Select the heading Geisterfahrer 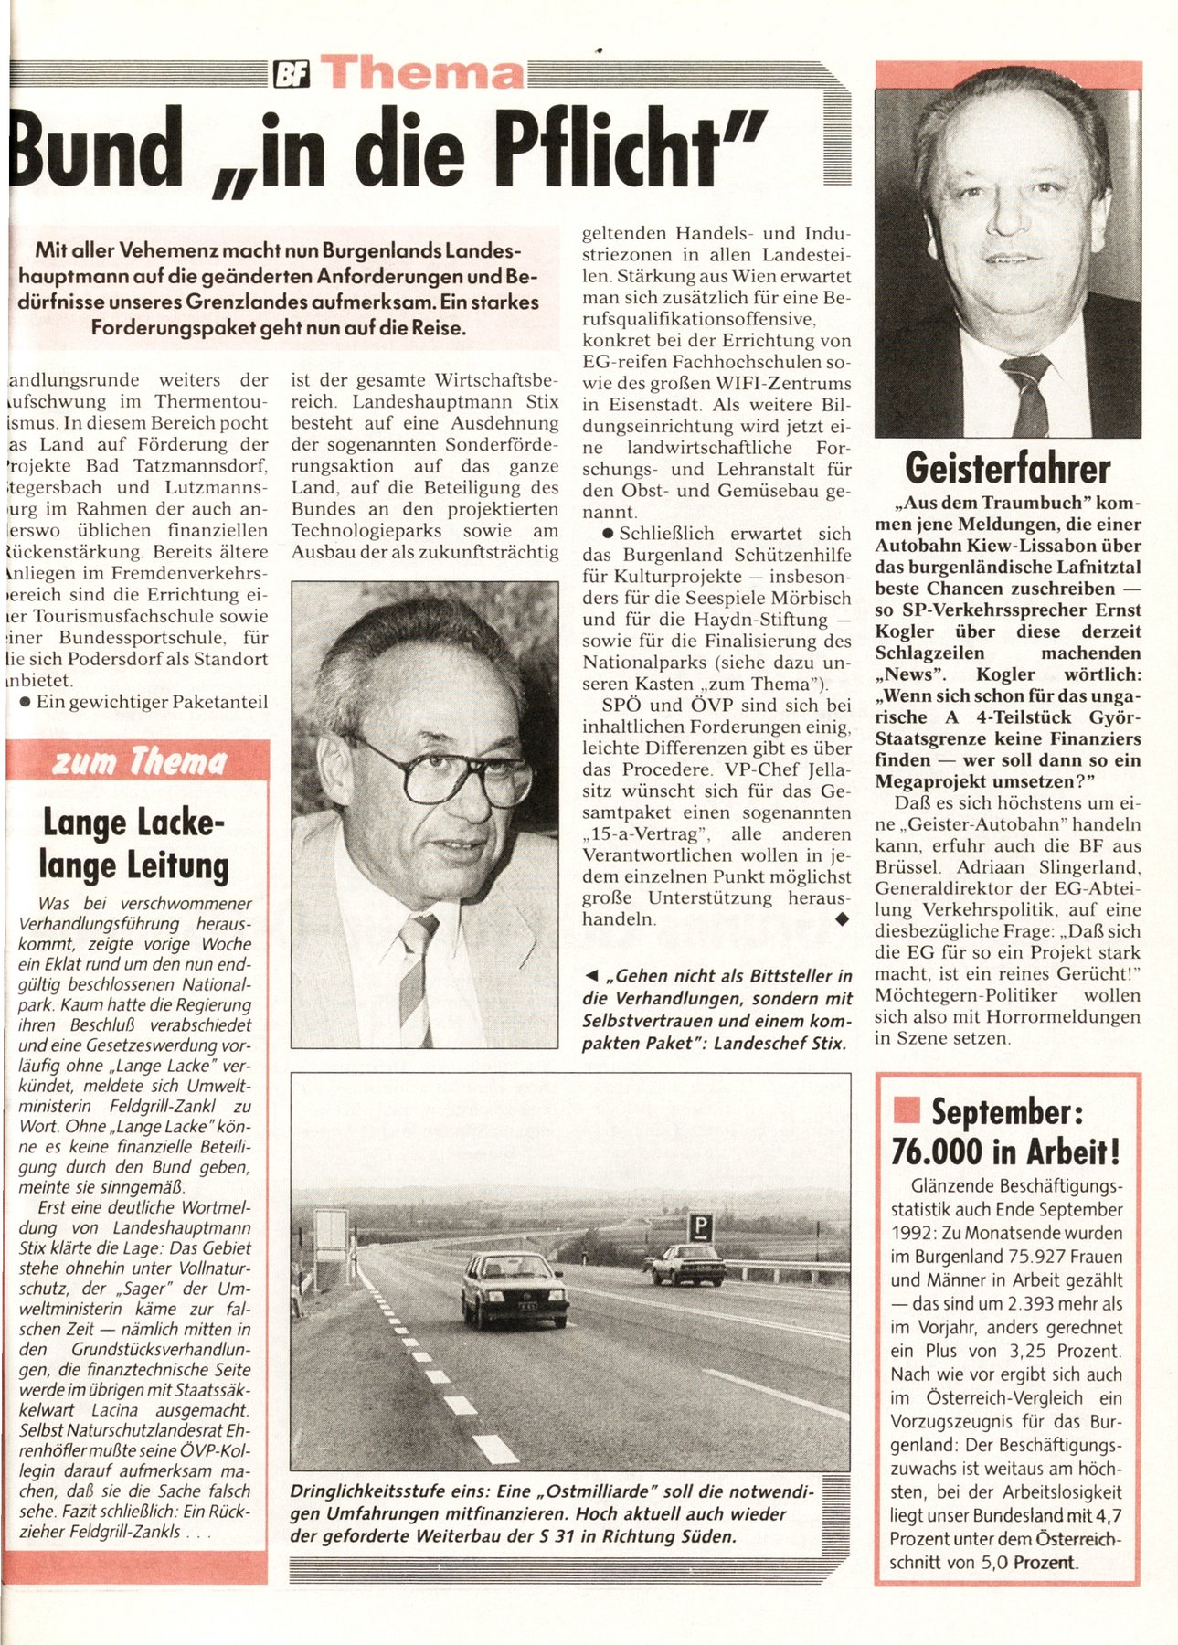click(x=1007, y=469)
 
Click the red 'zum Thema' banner click(x=138, y=760)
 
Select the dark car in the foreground click(x=514, y=1289)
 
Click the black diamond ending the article click(x=842, y=920)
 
